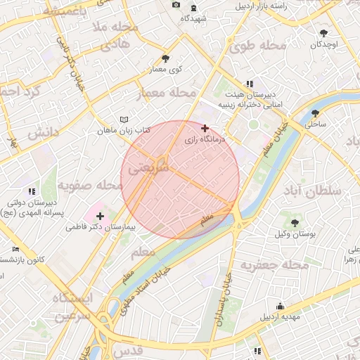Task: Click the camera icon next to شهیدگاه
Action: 176,6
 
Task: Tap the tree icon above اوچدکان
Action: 323,33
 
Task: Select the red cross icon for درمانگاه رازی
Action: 205,128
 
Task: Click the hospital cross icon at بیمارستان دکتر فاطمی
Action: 100,216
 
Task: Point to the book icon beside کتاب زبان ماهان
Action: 124,120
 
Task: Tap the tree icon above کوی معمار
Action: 165,58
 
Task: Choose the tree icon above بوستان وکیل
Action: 294,222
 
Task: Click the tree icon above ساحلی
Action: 315,112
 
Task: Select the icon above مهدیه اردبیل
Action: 281,306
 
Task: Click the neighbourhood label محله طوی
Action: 258,46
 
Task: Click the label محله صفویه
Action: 90,185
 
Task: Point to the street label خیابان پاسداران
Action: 227,286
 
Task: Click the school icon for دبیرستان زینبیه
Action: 250,84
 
